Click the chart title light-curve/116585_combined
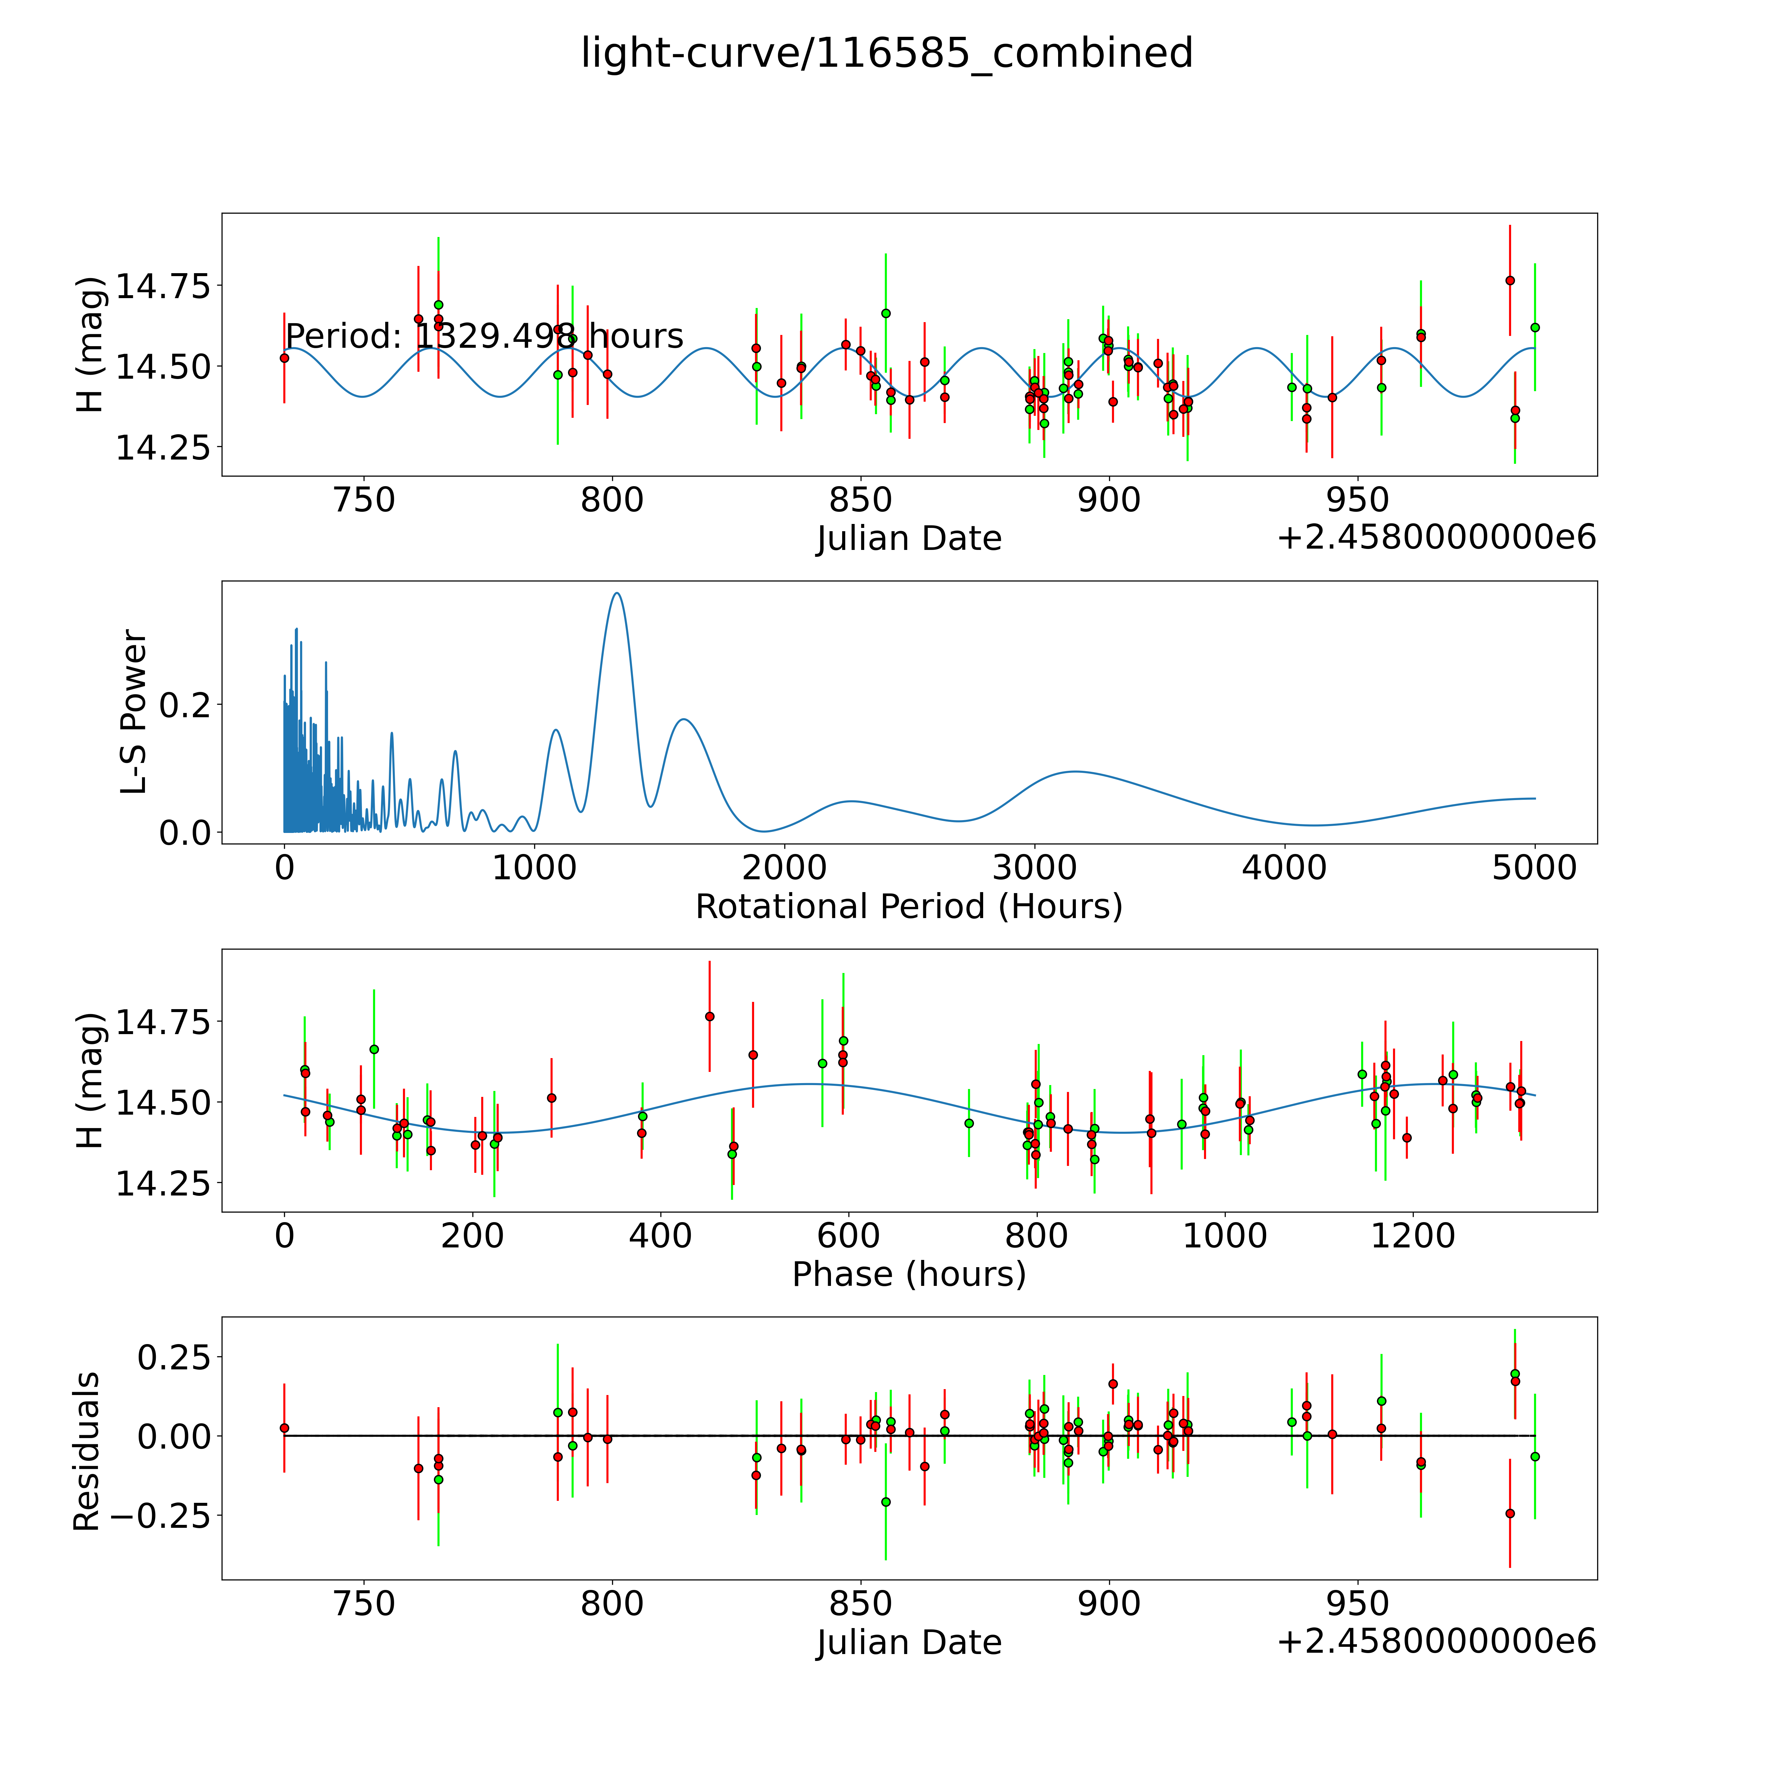point(887,53)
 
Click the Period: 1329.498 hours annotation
point(484,336)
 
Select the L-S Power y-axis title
point(134,712)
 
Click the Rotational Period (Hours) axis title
point(909,907)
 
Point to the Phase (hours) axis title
point(909,1274)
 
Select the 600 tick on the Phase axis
point(848,1236)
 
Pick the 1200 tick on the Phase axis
point(1412,1236)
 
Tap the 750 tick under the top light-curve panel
point(365,501)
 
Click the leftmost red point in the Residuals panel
point(284,1428)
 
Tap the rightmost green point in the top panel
point(1534,327)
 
